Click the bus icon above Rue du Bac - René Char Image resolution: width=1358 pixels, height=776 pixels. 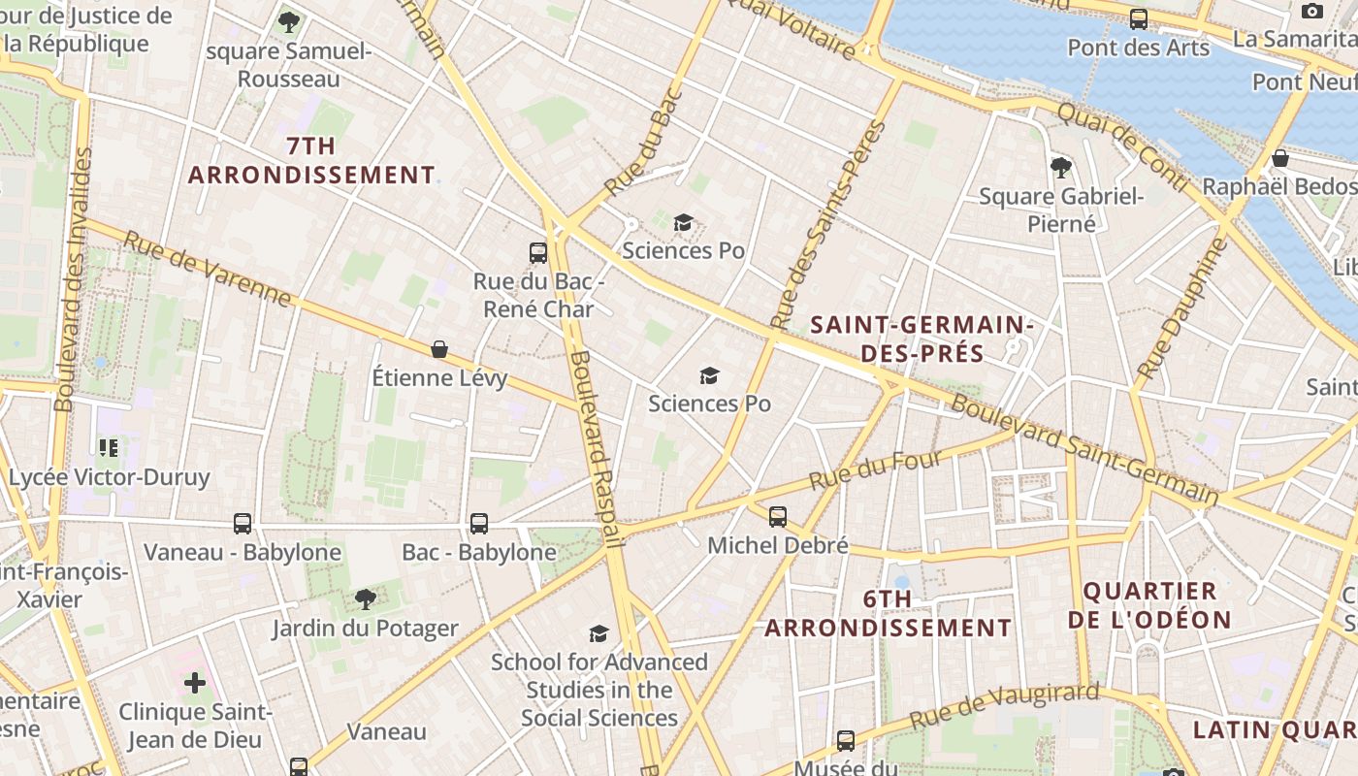(x=538, y=253)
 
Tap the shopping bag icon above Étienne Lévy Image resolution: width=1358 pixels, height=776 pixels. (x=439, y=349)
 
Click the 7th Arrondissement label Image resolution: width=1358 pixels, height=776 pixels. (x=311, y=161)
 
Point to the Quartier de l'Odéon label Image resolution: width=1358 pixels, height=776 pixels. (x=1149, y=605)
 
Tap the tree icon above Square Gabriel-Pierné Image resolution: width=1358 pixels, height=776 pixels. (x=1061, y=167)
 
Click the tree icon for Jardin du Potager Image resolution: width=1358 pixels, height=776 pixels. (x=365, y=598)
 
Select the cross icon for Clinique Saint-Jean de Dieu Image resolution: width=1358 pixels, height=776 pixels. (x=195, y=683)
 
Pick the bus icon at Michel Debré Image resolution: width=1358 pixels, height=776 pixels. (x=778, y=516)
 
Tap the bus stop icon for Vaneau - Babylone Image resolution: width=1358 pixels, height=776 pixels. (x=242, y=524)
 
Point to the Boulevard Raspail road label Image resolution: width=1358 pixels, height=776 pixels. (x=596, y=448)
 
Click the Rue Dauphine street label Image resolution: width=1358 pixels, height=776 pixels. (x=1181, y=308)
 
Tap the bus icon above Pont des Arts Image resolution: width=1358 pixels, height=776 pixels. (x=1139, y=19)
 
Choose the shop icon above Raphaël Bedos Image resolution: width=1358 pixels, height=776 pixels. (x=1280, y=158)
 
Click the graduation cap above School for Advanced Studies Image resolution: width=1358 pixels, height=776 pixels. (x=599, y=633)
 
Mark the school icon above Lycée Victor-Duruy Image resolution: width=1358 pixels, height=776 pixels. (x=109, y=447)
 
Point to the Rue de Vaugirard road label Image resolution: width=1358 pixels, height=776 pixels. (x=1004, y=706)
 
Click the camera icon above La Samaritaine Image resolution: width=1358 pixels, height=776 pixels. (x=1312, y=11)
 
